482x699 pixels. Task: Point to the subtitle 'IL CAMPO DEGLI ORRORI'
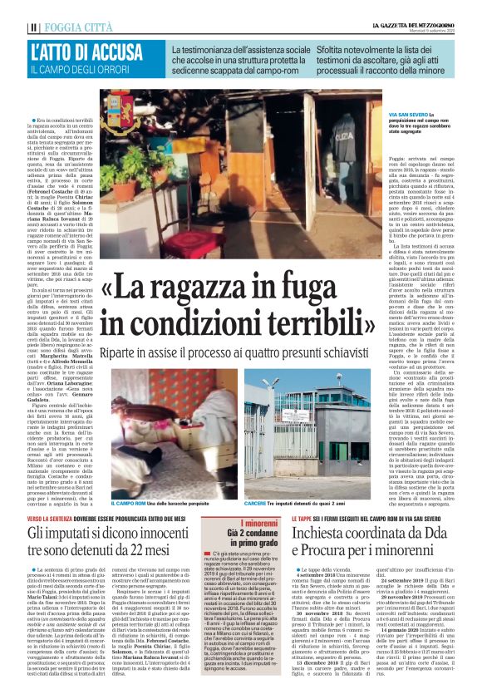pos(81,70)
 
